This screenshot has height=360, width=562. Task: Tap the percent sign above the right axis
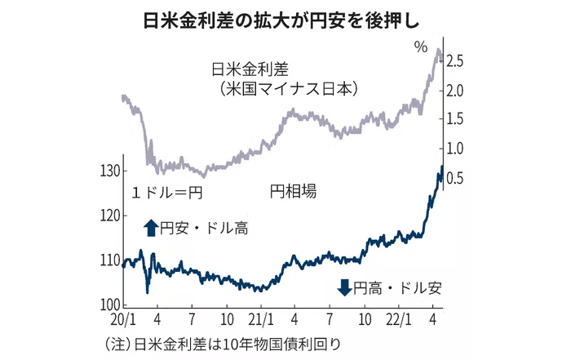(x=420, y=47)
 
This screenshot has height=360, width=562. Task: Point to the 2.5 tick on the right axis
(x=456, y=61)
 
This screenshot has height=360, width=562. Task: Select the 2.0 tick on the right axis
(x=456, y=91)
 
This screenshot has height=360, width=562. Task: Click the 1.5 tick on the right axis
(x=456, y=120)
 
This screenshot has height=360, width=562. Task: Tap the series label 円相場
(x=292, y=193)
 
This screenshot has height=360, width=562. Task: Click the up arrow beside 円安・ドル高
(x=149, y=228)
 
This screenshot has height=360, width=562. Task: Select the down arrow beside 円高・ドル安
(x=343, y=287)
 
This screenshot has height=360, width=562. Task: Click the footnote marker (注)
(x=114, y=343)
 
